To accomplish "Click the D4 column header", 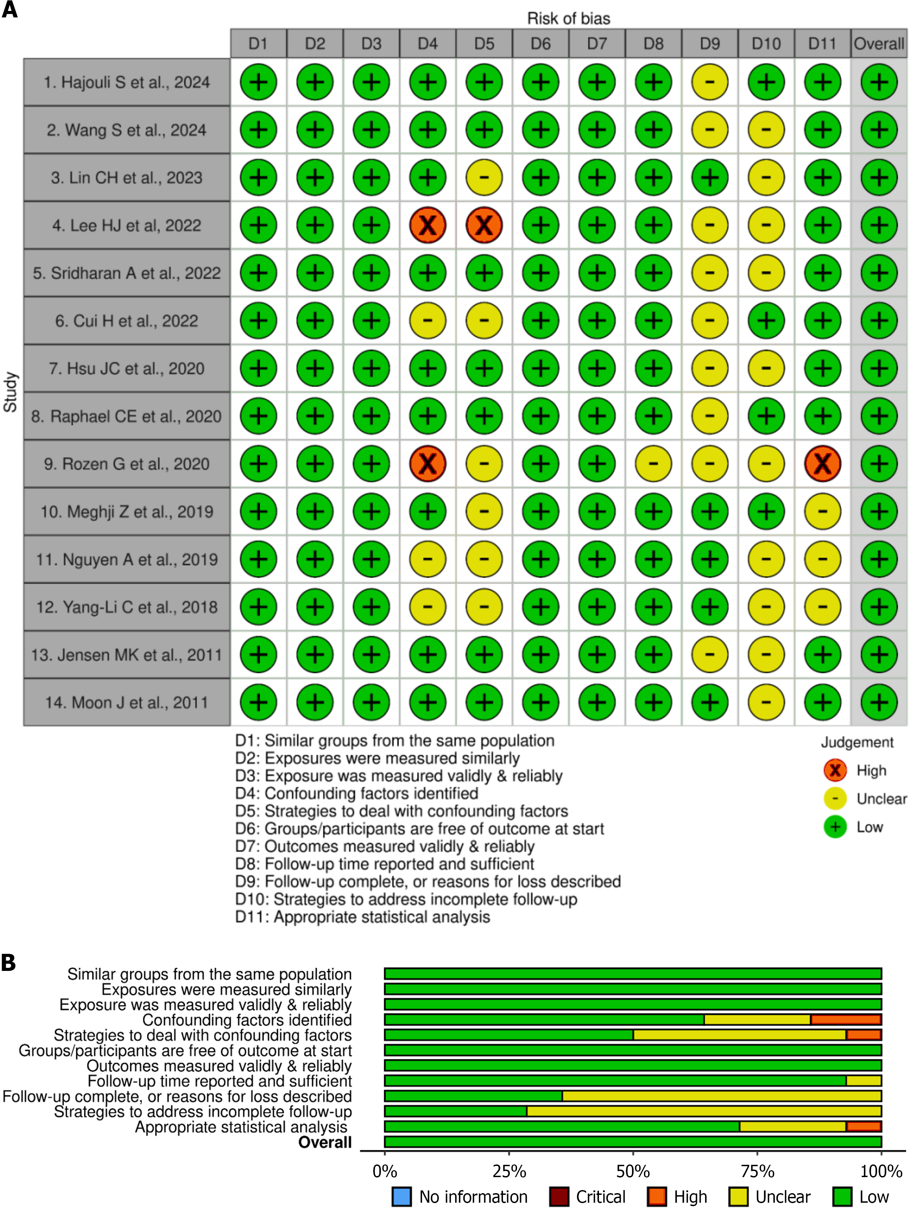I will pyautogui.click(x=428, y=43).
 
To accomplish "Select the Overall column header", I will pyautogui.click(x=878, y=43).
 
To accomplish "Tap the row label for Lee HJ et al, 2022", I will pyautogui.click(x=126, y=225).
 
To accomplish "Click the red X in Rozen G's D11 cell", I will pyautogui.click(x=822, y=464).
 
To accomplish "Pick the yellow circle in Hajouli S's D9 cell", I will pyautogui.click(x=710, y=82).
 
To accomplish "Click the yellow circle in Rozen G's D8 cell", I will pyautogui.click(x=653, y=464).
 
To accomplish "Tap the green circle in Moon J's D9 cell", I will pyautogui.click(x=710, y=702).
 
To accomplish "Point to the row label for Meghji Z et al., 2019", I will pyautogui.click(x=126, y=511).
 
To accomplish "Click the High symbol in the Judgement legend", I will pyautogui.click(x=835, y=770).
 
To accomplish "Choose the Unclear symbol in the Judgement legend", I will pyautogui.click(x=835, y=799).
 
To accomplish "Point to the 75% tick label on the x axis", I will pyautogui.click(x=757, y=1171).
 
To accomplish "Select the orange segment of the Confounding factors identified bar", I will pyautogui.click(x=847, y=1019).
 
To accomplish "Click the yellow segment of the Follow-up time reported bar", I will pyautogui.click(x=863, y=1080).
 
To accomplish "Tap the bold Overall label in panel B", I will pyautogui.click(x=324, y=1142).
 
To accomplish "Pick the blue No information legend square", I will pyautogui.click(x=401, y=1196).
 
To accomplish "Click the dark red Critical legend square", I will pyautogui.click(x=558, y=1196).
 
